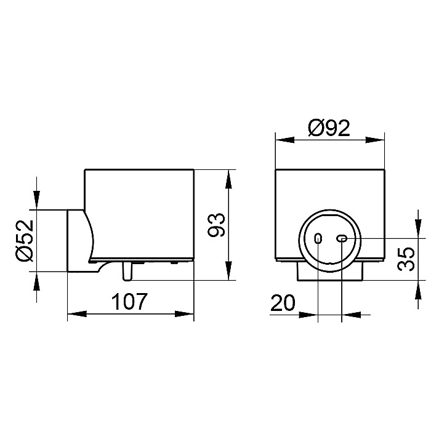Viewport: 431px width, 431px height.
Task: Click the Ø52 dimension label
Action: coord(25,241)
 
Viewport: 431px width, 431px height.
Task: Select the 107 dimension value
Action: coord(129,302)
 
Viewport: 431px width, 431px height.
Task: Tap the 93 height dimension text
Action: coord(216,225)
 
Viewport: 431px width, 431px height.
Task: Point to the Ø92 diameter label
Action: coord(329,128)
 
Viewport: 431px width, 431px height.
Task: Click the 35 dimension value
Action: coord(406,259)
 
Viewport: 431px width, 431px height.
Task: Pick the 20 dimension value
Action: coord(283,303)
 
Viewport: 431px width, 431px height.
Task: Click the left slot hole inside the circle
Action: coord(318,238)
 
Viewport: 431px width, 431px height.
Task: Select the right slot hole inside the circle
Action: coord(342,239)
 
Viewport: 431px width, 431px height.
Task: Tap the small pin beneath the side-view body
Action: coord(127,272)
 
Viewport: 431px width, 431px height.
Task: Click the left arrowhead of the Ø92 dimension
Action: coord(284,140)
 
